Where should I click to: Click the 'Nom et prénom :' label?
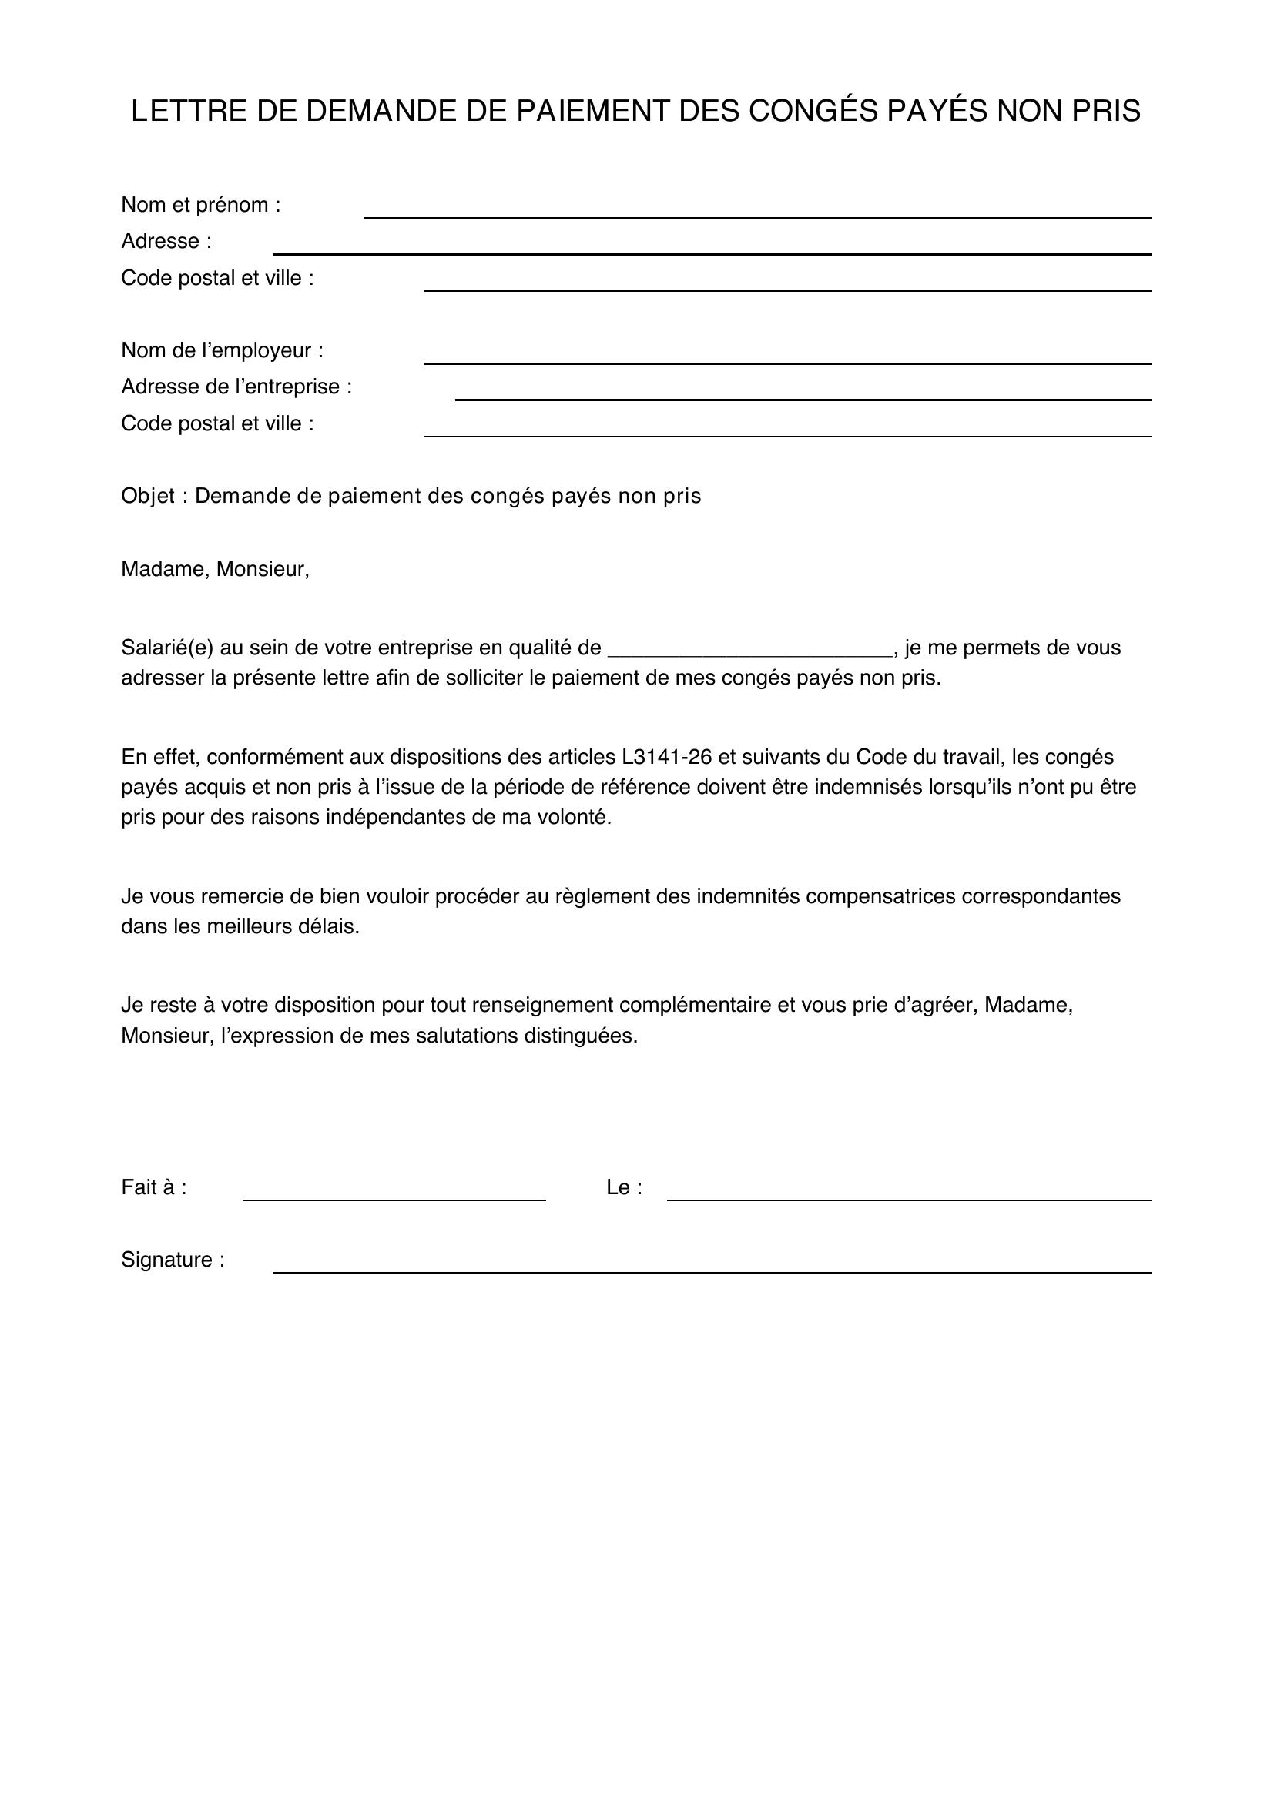pos(201,205)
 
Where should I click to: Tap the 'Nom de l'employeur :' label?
pos(222,350)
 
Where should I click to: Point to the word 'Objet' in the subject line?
pos(147,496)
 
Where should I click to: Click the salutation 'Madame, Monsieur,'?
pos(215,569)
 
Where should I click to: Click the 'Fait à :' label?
pos(154,1187)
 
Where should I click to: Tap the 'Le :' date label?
pos(624,1187)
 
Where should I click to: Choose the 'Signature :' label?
pos(173,1260)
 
